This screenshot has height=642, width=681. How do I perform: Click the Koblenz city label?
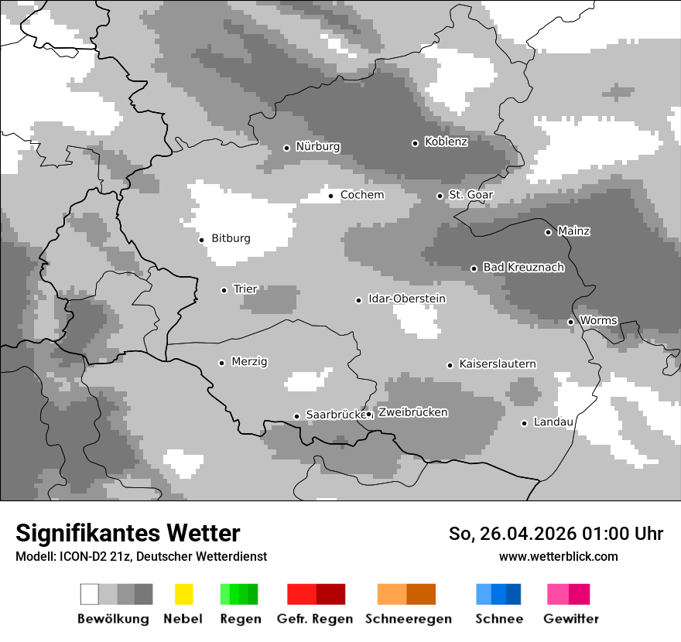[x=446, y=142]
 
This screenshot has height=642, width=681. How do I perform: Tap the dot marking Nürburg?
[x=286, y=148]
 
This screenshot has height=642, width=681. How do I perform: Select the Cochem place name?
[x=362, y=195]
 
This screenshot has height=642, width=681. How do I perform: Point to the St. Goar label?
[x=471, y=195]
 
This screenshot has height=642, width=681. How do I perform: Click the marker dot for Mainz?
[x=548, y=232]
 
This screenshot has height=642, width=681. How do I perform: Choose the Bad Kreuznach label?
[x=523, y=268]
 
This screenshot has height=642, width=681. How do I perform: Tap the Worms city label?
[x=598, y=320]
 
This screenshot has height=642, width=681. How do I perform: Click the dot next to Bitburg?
[x=202, y=240]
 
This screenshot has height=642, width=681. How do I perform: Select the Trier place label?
[x=245, y=289]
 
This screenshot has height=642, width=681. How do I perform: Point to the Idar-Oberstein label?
[x=407, y=299]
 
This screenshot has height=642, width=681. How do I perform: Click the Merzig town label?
[x=249, y=361]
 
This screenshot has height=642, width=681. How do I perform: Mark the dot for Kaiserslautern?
[x=450, y=365]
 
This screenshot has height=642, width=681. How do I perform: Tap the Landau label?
[x=553, y=422]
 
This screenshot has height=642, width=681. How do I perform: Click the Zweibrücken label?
[x=412, y=412]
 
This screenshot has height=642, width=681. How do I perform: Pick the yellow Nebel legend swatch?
[x=183, y=594]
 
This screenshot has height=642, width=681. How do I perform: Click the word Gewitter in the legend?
[x=571, y=619]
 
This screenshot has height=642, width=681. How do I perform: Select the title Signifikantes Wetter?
[x=128, y=533]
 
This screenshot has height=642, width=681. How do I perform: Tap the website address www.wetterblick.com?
[x=559, y=556]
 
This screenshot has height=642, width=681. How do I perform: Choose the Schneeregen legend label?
[x=409, y=619]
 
